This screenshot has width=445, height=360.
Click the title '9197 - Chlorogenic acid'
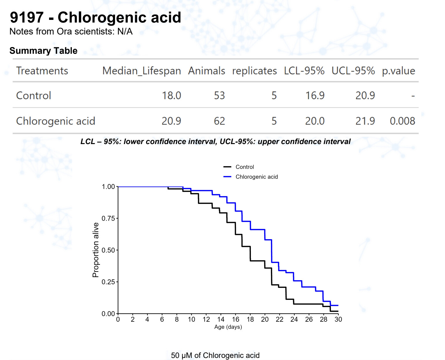95,18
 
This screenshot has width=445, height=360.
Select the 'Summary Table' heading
44,51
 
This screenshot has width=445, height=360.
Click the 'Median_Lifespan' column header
141,71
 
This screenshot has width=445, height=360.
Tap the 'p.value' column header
398,71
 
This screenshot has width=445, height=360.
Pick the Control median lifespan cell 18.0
171,96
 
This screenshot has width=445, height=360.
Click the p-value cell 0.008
402,121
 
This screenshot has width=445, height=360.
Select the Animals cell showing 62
219,121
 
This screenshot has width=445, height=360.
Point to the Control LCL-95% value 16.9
315,96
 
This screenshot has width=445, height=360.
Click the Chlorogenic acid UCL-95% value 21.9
365,121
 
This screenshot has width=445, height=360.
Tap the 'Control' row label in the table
34,96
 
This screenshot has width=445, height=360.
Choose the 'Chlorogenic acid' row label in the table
55,121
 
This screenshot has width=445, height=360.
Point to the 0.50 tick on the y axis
108,250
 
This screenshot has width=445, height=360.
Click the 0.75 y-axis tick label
108,218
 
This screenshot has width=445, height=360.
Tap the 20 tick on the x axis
265,319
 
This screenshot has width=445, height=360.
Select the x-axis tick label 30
338,319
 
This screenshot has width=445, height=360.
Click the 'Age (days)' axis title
228,327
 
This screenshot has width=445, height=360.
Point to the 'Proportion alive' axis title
95,250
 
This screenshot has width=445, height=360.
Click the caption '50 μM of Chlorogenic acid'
215,355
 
